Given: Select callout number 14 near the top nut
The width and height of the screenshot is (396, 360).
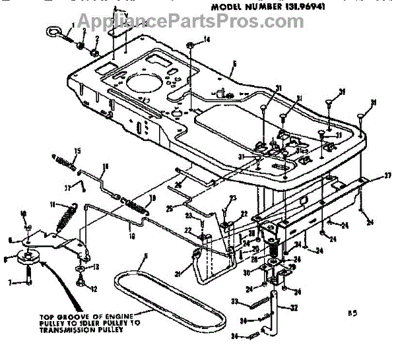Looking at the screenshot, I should (207, 40).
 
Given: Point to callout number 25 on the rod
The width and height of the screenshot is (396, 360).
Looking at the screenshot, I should (169, 209).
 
